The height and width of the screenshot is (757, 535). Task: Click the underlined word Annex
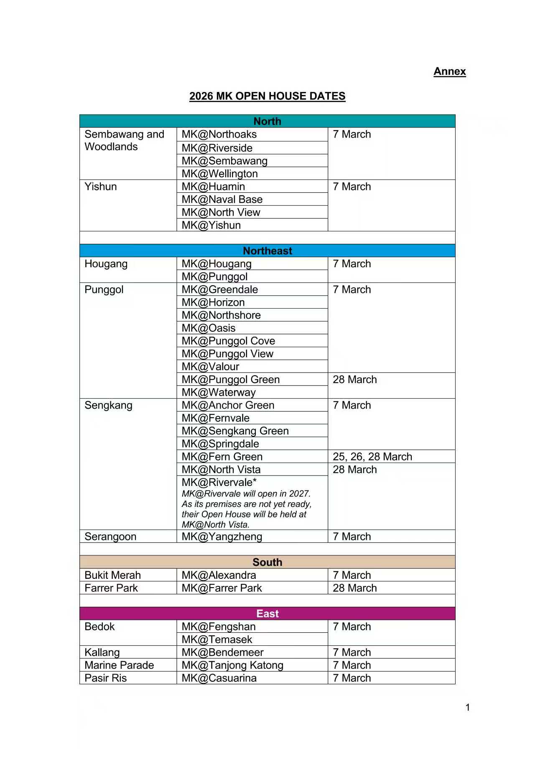pos(449,72)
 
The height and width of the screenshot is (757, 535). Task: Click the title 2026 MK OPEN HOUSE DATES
pos(267,96)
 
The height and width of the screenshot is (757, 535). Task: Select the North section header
pos(267,121)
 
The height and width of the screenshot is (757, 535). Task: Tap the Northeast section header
pos(267,251)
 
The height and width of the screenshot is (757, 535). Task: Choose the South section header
pos(267,562)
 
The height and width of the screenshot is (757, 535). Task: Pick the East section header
pos(267,614)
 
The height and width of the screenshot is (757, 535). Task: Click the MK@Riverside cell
pos(217,148)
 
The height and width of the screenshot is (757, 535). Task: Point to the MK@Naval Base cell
pos(222,199)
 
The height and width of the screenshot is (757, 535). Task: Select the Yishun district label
pos(101,187)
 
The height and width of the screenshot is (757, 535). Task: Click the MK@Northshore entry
pos(221,315)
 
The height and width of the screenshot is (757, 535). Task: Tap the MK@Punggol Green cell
pos(230,380)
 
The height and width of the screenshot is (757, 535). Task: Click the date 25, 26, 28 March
pos(372,457)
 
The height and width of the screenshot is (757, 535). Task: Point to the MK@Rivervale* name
pos(219,482)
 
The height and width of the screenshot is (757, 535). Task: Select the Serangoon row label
pos(110,537)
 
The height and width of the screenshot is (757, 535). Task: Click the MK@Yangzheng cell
pos(222,537)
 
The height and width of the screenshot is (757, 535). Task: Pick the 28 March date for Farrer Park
pos(355,588)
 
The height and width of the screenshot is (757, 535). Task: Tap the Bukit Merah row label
pos(112,575)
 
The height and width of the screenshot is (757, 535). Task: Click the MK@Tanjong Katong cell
pos(232,665)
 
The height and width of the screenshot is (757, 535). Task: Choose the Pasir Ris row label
pos(105,678)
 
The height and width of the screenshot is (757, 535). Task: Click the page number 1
pos(468,707)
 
